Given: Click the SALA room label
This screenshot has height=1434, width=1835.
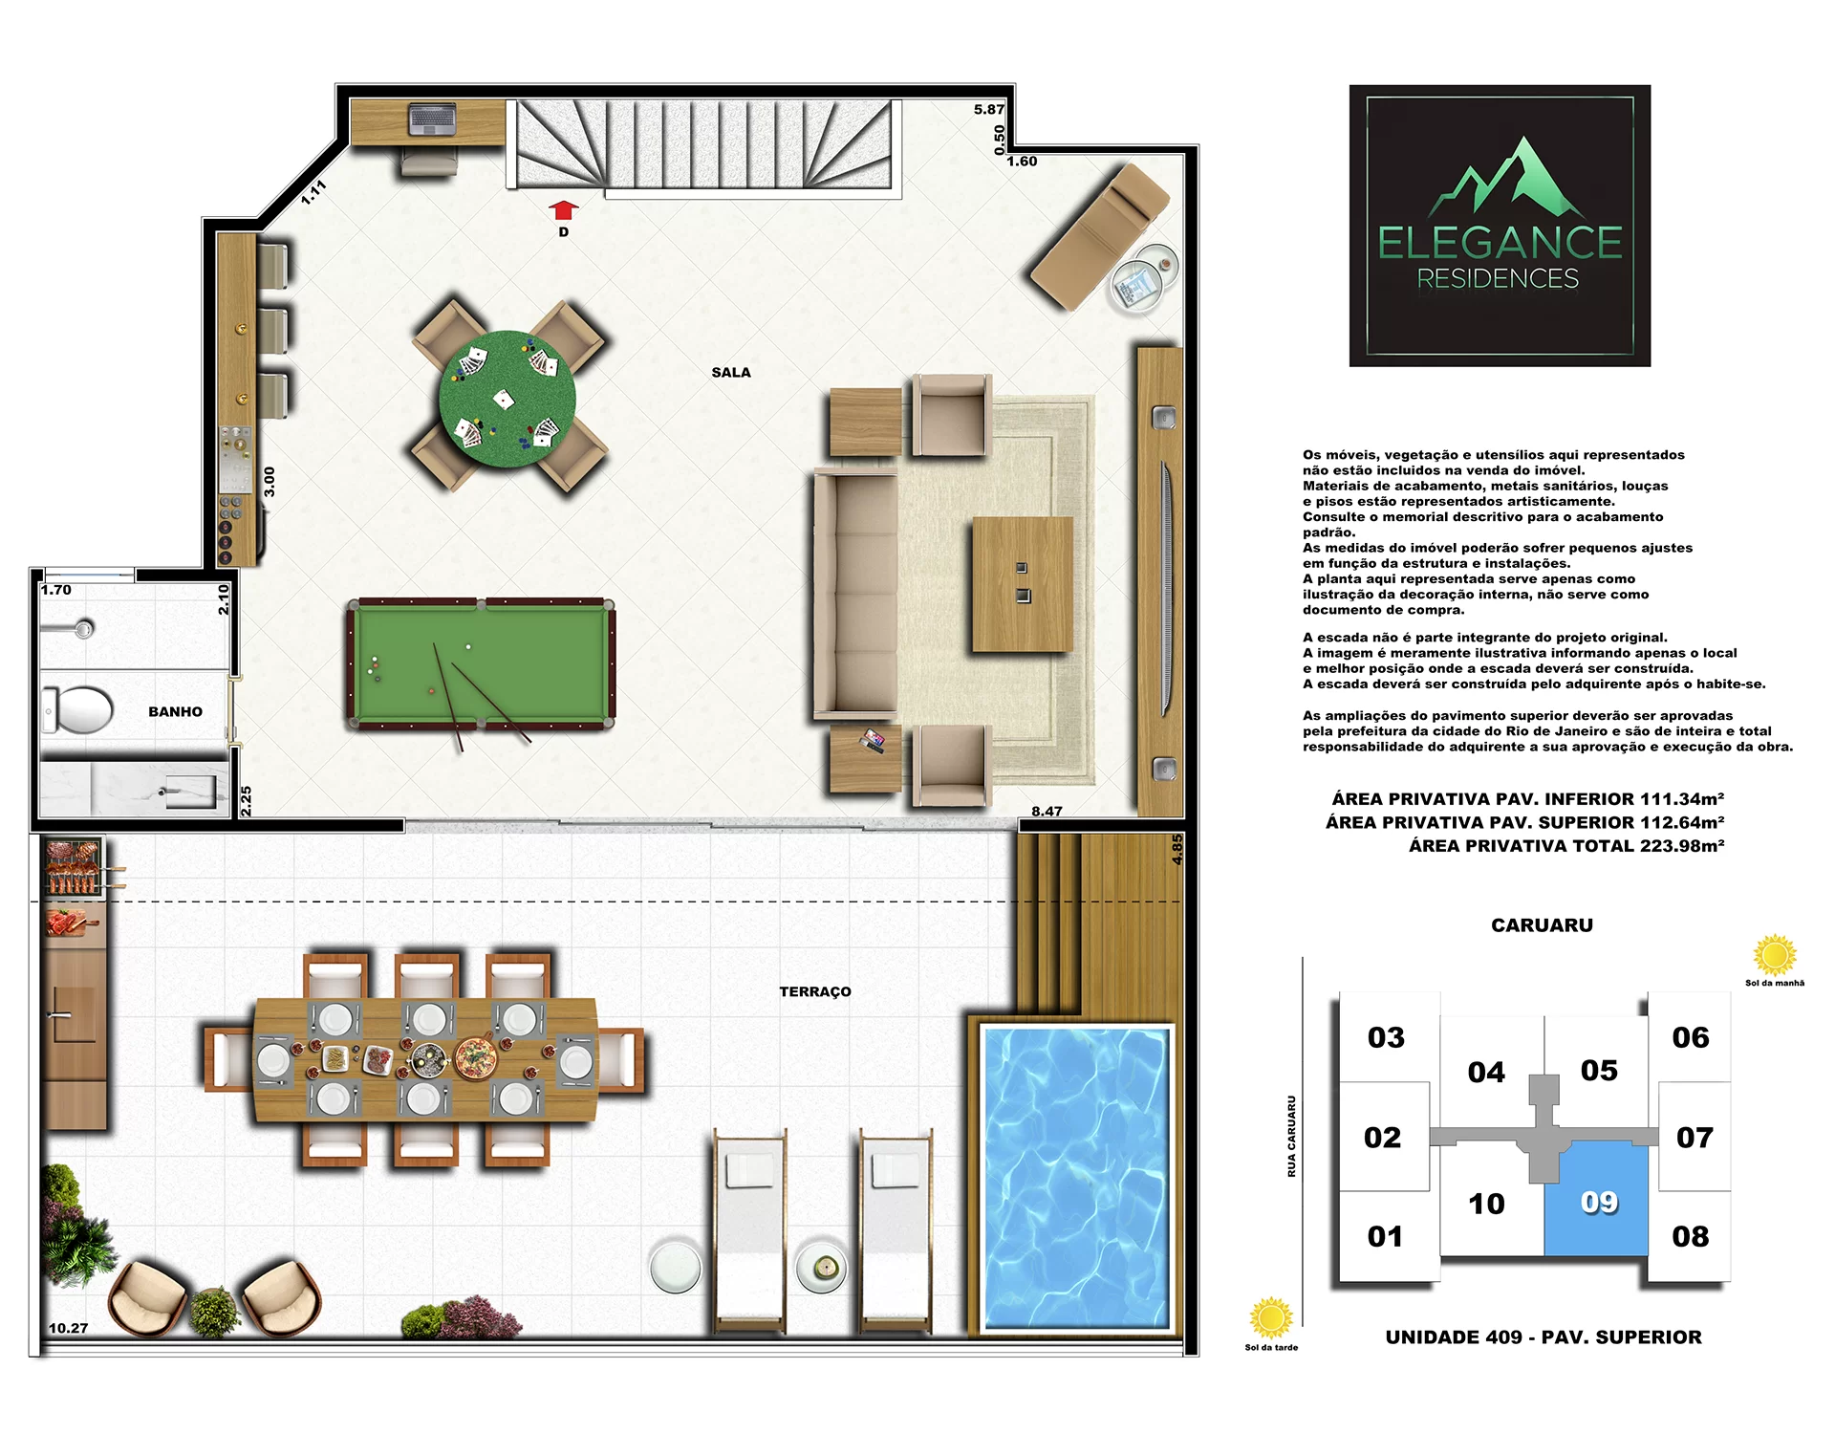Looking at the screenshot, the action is (731, 373).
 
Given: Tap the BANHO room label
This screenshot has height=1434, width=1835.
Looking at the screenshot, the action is (175, 712).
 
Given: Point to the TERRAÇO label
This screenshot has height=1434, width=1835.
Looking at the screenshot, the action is (815, 991).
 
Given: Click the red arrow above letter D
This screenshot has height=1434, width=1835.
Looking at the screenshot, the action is (564, 210).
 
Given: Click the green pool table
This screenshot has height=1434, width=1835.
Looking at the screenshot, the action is (481, 664).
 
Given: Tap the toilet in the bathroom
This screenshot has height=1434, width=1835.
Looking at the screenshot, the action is (78, 709).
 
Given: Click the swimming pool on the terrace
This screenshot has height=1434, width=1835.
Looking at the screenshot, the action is (1076, 1178).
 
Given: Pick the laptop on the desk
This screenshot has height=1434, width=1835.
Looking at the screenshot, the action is (432, 120).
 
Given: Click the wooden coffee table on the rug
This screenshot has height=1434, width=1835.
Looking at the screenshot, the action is (1023, 584).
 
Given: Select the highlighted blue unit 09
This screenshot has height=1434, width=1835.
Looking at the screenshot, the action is (1597, 1199).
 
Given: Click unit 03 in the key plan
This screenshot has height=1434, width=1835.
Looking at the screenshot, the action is (1387, 1037).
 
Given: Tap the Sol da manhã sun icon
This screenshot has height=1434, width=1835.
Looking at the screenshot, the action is (1775, 955).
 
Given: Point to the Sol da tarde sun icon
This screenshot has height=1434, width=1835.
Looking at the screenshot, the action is (1271, 1318).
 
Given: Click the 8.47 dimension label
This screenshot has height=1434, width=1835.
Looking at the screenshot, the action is (1047, 812).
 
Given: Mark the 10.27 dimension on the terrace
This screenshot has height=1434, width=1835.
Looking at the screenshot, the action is (68, 1328).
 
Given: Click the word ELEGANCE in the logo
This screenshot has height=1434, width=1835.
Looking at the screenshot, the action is (1500, 242).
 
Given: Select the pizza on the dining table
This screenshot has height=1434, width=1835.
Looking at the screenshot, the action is (475, 1057).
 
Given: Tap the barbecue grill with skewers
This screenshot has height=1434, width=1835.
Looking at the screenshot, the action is (74, 867).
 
